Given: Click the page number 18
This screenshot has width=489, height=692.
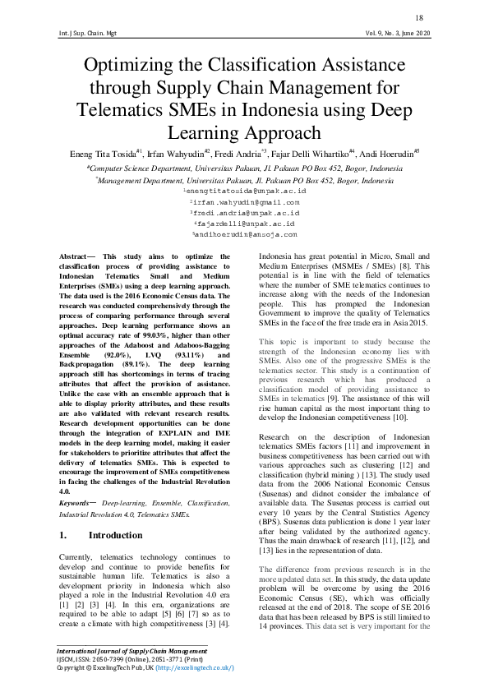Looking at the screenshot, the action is coord(419,18).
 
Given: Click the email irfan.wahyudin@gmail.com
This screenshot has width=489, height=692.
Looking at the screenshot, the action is coord(245,201).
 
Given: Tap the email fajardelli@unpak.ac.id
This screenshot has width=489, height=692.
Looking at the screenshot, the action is coord(245,223).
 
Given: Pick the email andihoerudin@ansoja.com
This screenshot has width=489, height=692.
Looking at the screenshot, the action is coord(245,233).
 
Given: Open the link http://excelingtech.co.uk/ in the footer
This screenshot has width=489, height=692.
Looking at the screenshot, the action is coord(191,668).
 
